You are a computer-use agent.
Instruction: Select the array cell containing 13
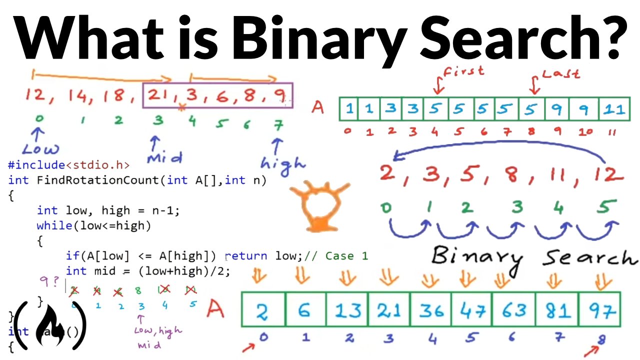(x=347, y=310)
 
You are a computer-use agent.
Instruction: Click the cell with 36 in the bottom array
(x=430, y=310)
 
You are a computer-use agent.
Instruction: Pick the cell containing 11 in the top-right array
(x=613, y=109)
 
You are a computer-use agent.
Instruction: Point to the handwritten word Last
(x=561, y=73)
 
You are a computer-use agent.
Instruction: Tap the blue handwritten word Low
(x=40, y=148)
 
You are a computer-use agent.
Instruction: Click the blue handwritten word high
(x=283, y=164)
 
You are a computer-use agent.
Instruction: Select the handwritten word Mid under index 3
(x=164, y=157)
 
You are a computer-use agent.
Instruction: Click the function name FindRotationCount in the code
(x=99, y=180)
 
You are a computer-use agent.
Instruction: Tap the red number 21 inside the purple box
(x=159, y=95)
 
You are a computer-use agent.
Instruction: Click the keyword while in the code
(x=54, y=225)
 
